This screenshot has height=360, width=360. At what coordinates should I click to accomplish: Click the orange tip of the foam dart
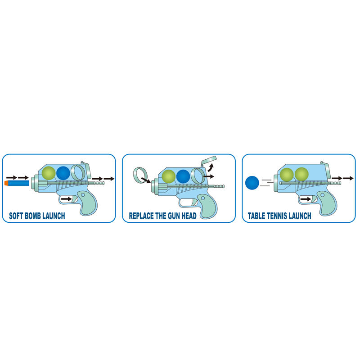6,183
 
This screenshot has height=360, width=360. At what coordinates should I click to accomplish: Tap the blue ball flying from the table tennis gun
253,183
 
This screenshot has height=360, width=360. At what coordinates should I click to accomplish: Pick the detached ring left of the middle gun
141,173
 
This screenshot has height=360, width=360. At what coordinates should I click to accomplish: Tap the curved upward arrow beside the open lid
210,169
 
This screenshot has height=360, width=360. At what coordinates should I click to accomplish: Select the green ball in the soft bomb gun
48,173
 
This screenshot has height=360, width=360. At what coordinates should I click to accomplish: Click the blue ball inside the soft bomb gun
63,173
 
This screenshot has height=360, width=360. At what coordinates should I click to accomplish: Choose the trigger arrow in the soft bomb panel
66,198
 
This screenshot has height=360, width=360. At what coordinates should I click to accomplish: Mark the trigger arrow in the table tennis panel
306,198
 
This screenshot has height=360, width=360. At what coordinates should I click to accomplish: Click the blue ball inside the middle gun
183,176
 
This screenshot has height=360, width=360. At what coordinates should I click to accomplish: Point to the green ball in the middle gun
168,176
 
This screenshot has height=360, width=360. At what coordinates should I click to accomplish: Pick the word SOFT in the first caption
17,216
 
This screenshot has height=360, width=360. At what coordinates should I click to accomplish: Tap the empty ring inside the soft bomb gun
79,172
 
